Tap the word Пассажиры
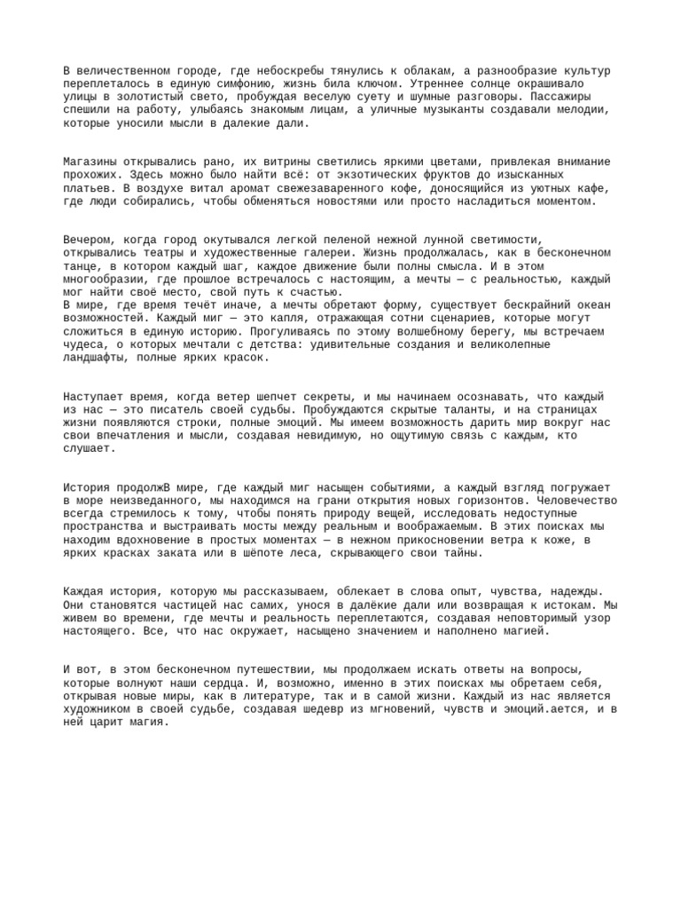[x=555, y=97]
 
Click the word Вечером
[x=89, y=240]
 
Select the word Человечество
[x=575, y=501]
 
